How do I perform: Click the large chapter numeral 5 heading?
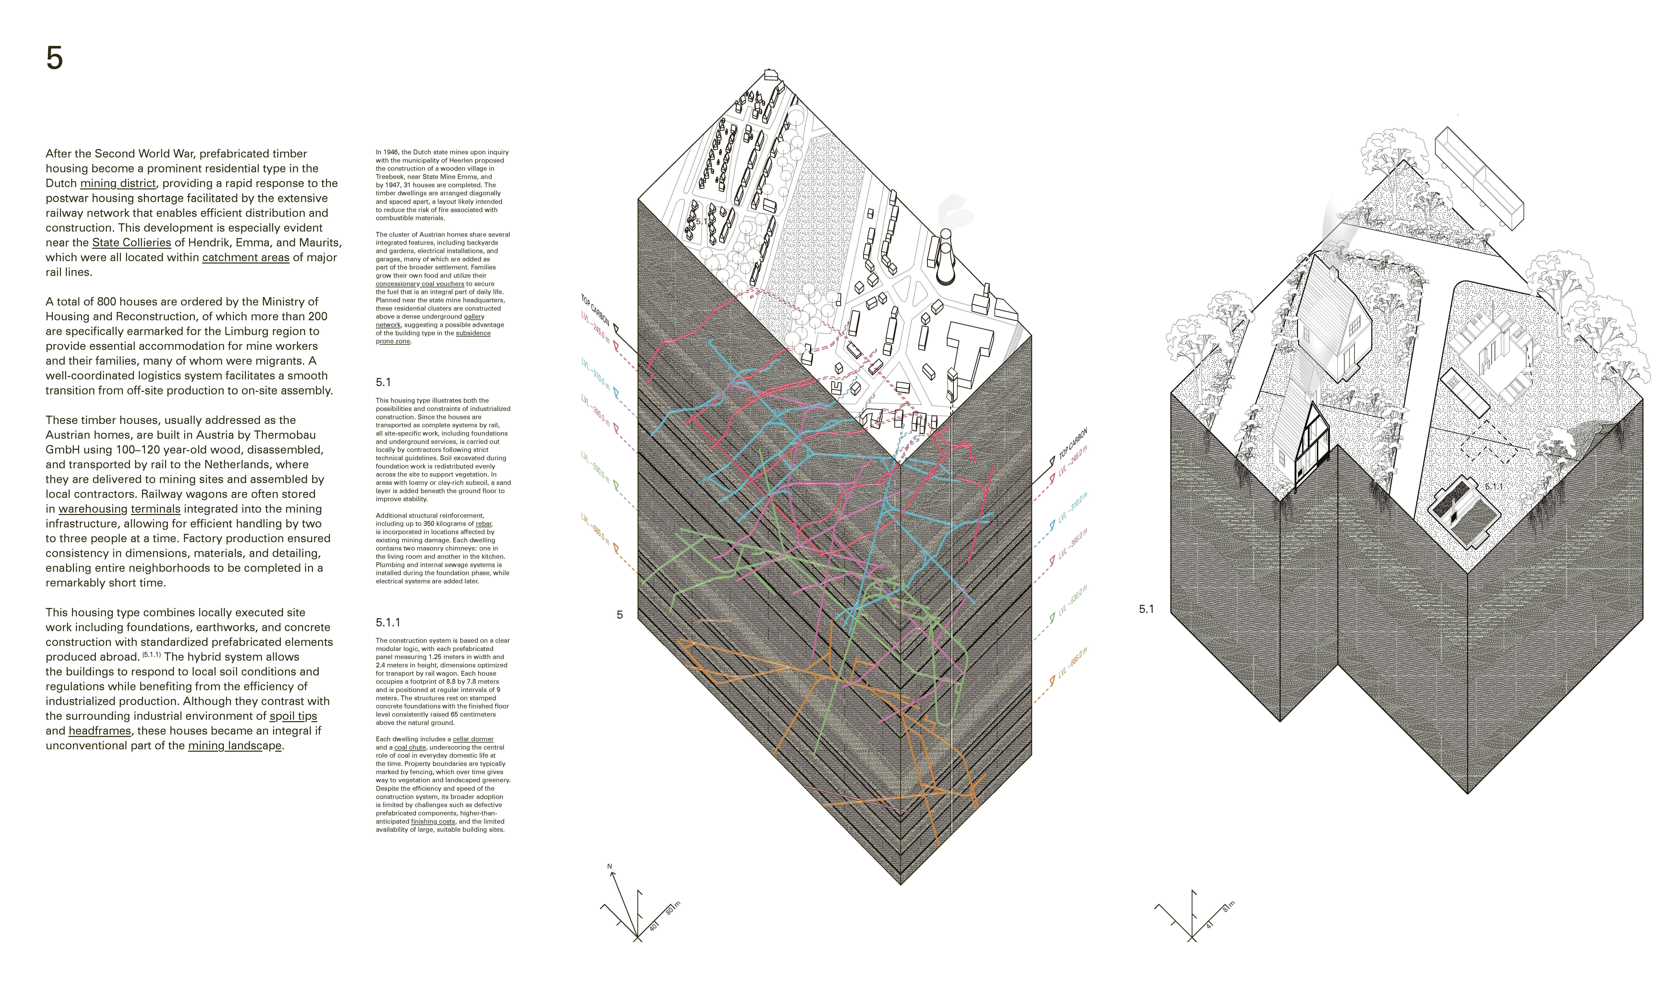55,59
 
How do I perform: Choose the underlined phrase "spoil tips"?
293,716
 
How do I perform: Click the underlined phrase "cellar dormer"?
473,739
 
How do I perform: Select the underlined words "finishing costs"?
433,821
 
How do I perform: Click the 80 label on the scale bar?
669,910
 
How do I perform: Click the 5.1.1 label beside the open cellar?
1493,487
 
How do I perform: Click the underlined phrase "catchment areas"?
246,258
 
